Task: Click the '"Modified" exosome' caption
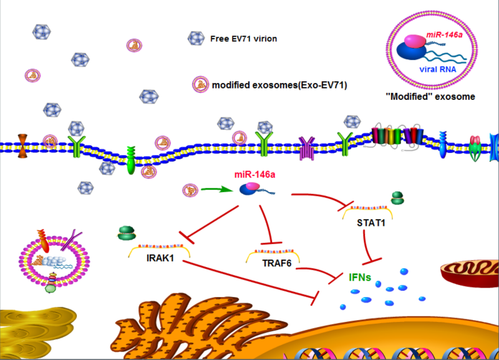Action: (432, 97)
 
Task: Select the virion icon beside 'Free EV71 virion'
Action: (196, 39)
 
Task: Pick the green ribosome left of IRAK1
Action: (125, 233)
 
